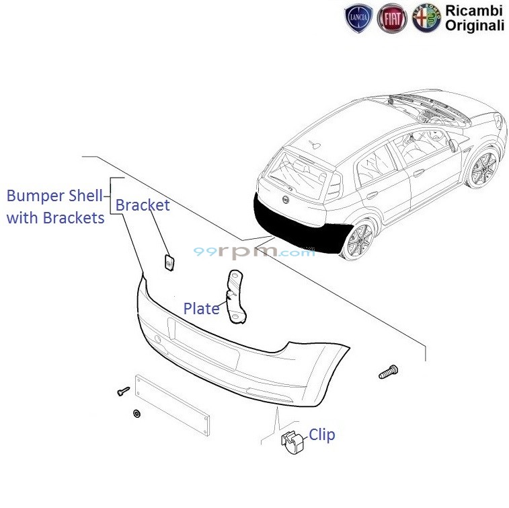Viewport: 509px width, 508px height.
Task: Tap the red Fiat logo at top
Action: point(391,20)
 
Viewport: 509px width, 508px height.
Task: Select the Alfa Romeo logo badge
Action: point(426,20)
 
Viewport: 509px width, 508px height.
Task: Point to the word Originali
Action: point(474,26)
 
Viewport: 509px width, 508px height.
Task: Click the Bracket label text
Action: point(143,205)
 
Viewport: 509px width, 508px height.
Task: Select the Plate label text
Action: point(201,309)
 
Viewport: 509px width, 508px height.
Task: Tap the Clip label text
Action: point(321,435)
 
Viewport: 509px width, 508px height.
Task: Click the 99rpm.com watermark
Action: point(253,252)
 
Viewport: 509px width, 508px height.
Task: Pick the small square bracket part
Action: point(169,262)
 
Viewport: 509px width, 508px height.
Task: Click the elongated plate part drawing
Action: point(235,296)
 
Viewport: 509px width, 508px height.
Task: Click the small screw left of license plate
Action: point(123,391)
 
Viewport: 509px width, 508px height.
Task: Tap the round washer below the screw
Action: point(136,412)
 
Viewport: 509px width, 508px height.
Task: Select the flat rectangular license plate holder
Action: point(172,405)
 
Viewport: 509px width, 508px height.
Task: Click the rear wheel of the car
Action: point(358,240)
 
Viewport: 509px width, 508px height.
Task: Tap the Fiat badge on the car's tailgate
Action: point(285,201)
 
